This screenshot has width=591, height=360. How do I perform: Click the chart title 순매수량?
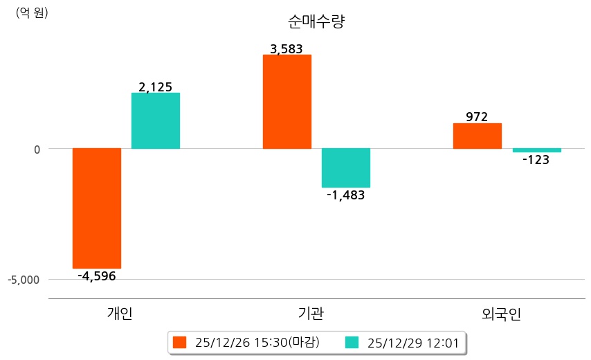pos(316,22)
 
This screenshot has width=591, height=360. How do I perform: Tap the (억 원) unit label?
pos(32,12)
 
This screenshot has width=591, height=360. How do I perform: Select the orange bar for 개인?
pos(97,208)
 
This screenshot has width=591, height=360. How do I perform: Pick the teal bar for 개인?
pos(156,120)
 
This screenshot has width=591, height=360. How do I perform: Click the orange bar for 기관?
pos(287,102)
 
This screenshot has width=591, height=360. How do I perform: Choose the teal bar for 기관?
pos(346,168)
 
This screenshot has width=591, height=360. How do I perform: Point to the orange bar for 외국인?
pos(477,136)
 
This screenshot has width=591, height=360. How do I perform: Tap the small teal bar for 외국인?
pos(536,150)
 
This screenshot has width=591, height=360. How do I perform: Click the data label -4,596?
pos(97,276)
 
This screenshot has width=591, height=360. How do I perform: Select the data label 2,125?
pos(156,87)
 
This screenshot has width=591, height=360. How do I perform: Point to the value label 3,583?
pos(287,49)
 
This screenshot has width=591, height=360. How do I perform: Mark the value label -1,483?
pos(346,195)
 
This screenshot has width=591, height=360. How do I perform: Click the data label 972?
pos(477,117)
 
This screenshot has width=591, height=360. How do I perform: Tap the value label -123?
pos(536,160)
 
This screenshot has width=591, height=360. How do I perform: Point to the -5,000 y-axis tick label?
pos(24,280)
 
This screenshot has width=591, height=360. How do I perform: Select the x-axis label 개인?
pos(119,314)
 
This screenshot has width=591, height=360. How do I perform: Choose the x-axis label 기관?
pos(310,314)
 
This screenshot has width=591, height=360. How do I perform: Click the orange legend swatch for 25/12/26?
pos(180,342)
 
